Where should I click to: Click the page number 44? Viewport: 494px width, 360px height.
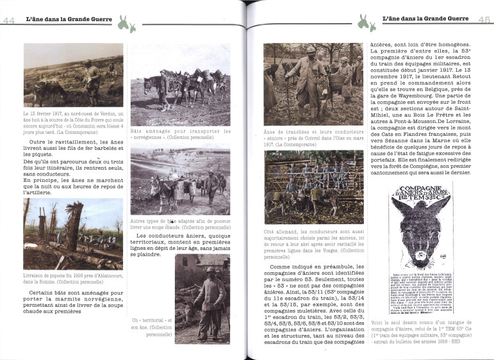9,20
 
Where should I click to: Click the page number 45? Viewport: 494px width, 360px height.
484,20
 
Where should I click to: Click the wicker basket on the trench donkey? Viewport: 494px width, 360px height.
336,83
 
